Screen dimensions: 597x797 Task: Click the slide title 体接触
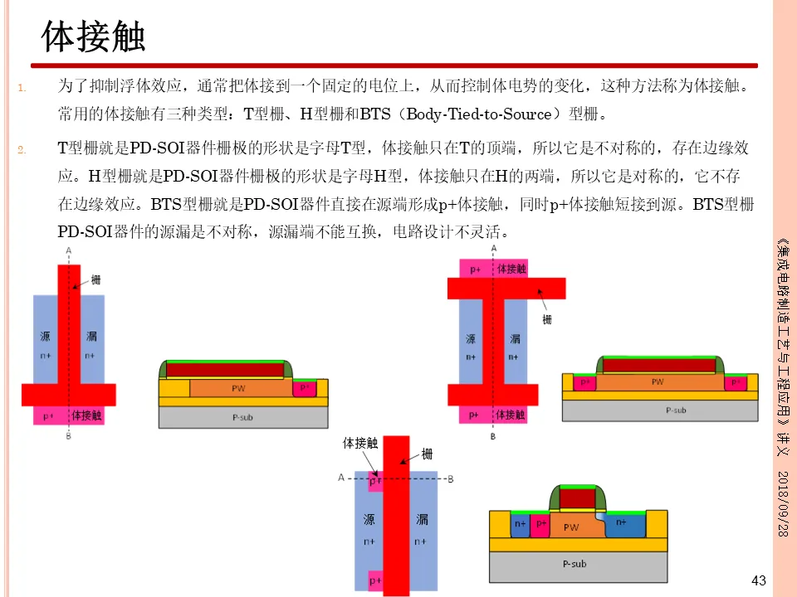coord(94,37)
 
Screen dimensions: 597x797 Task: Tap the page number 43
coord(758,580)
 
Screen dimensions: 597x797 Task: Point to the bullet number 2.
coord(22,150)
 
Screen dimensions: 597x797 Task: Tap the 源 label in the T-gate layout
coord(46,336)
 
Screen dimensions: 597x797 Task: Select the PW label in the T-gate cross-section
coord(238,388)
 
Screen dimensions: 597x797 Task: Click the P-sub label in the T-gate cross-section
coord(242,417)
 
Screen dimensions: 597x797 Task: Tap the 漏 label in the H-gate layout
coord(515,338)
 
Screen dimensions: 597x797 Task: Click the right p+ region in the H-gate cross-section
coord(734,382)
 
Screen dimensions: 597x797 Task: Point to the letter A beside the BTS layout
coord(341,478)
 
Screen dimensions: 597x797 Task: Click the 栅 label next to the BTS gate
coord(427,454)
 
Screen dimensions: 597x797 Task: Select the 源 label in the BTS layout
coord(369,519)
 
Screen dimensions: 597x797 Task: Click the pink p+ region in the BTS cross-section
coord(541,524)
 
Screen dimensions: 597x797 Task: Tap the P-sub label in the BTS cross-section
coord(575,564)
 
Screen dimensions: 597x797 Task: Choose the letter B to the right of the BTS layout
coord(449,478)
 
